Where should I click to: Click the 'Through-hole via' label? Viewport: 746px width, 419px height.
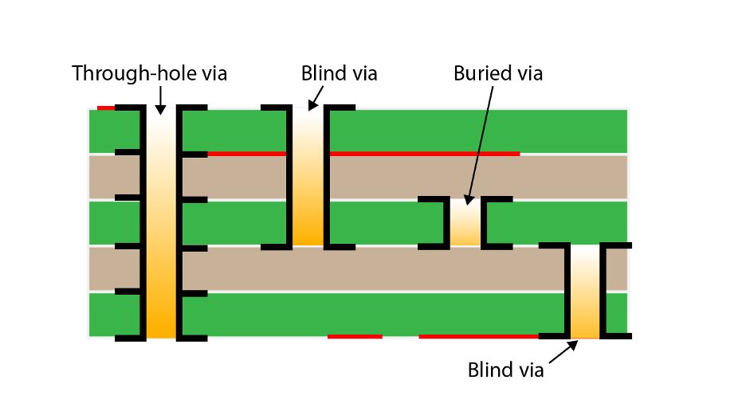pos(150,74)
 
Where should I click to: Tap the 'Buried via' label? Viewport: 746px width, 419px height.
pos(497,74)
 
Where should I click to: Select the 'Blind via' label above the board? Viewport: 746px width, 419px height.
pos(339,74)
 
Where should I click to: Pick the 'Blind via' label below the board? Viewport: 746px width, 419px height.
pos(506,370)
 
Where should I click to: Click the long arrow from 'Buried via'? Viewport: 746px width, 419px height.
pos(480,143)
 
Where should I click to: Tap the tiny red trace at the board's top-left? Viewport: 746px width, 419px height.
pos(105,108)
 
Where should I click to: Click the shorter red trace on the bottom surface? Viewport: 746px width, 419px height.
pos(355,336)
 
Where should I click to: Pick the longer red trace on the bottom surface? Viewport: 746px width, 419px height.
pos(478,336)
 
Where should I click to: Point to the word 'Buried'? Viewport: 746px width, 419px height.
pos(478,74)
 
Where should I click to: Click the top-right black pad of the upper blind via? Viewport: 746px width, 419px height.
pos(340,107)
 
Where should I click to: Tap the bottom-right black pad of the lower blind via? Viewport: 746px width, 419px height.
pos(618,335)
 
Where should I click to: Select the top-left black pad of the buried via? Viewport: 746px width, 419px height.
pos(431,199)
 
